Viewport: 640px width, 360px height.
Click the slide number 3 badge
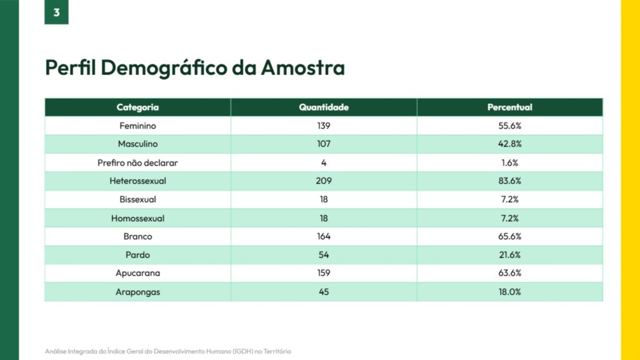point(56,12)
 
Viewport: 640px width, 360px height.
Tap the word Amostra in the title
point(302,67)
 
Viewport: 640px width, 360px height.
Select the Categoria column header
point(137,107)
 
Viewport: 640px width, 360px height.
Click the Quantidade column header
point(324,107)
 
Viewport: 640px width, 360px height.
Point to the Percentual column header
point(510,107)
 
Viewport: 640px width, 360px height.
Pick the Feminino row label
point(137,126)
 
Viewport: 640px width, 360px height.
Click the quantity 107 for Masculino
point(324,144)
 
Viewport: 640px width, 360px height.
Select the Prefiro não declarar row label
point(137,162)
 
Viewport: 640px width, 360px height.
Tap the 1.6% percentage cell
point(510,162)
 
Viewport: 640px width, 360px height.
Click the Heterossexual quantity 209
point(324,181)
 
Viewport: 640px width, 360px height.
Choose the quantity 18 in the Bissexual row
point(324,199)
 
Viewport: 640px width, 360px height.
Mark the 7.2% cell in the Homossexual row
point(510,218)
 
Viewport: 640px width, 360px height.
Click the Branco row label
point(137,236)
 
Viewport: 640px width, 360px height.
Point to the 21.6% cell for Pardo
point(510,255)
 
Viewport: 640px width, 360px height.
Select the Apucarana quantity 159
point(324,273)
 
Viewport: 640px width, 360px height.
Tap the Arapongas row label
point(137,292)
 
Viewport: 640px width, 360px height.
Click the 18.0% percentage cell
point(510,292)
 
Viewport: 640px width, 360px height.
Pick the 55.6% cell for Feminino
point(510,126)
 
